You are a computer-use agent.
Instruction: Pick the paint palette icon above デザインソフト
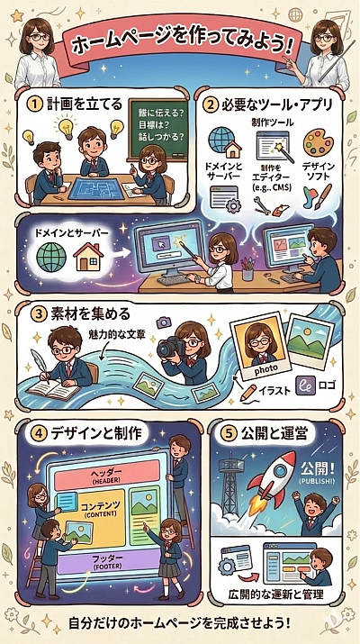(x=317, y=141)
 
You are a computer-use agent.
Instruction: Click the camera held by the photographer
(x=170, y=349)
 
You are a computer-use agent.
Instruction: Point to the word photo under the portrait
(x=267, y=367)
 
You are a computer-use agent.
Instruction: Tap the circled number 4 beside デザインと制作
(x=38, y=431)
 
